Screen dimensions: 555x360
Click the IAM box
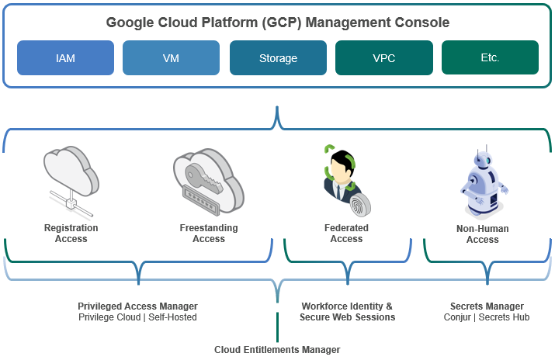point(65,57)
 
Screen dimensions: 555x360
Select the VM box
point(171,57)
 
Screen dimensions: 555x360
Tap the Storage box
point(278,57)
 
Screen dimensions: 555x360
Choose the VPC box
point(384,57)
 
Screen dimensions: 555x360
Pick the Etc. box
point(491,57)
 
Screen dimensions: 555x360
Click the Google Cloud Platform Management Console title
point(278,22)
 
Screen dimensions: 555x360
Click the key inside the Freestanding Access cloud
point(204,178)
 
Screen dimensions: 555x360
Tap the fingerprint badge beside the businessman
point(360,205)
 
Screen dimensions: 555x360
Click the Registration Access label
point(71,234)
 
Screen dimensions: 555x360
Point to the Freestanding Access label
point(209,234)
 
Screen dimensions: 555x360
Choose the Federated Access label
point(346,234)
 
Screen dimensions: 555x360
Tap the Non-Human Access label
point(483,234)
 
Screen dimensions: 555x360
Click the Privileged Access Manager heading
point(137,306)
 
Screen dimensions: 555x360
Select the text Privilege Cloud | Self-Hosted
point(137,317)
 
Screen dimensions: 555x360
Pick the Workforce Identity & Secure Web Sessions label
point(347,312)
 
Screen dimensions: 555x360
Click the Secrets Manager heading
point(487,306)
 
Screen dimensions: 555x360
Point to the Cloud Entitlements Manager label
point(277,350)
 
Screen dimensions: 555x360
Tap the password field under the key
point(201,199)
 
